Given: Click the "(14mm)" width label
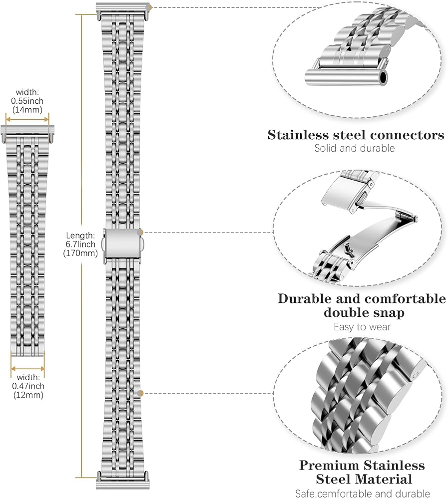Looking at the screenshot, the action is point(27,110).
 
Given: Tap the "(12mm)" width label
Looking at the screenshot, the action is point(28,395).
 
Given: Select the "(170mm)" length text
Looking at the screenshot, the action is point(80,253).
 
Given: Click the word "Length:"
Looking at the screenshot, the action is point(80,236).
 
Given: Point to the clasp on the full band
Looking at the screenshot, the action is point(123,245).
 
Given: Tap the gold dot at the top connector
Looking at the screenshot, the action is point(150,7).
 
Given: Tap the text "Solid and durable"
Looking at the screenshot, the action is point(354,148).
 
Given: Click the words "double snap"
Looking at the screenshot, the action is point(364,312).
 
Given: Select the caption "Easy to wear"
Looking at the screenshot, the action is point(362,327).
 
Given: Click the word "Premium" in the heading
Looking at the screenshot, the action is point(329,465).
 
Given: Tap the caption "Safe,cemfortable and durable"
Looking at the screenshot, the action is point(362,494).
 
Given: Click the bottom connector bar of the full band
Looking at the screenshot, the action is point(123,485).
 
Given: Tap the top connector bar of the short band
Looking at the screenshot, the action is point(27,130).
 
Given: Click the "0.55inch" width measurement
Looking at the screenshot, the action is point(27,101).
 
